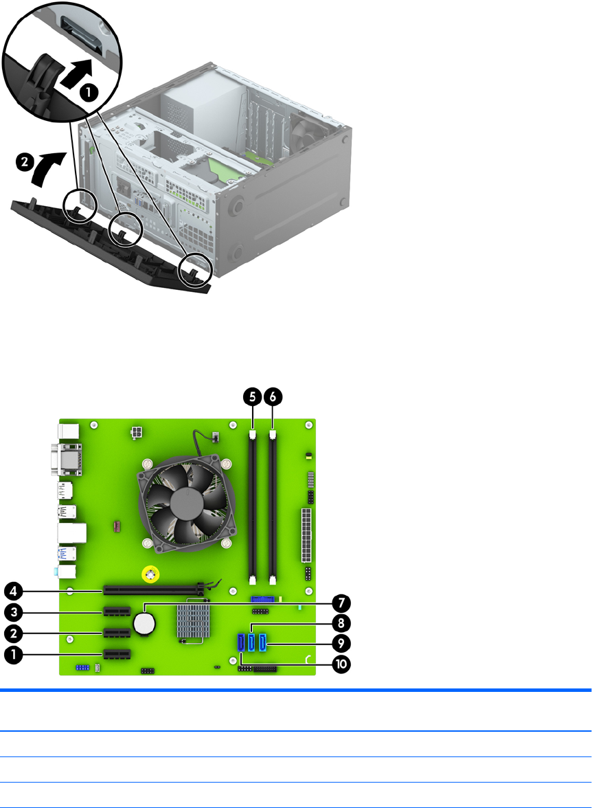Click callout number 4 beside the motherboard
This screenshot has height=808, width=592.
tap(14, 591)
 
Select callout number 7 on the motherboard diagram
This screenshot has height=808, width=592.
tap(341, 603)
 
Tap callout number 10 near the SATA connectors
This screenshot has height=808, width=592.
tap(341, 664)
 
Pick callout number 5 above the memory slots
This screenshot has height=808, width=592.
tap(253, 397)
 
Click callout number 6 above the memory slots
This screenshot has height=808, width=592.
tap(273, 397)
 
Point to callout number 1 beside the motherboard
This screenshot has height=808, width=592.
tap(14, 655)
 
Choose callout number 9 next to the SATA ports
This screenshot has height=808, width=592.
tap(341, 643)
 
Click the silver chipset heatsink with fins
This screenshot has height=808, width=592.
tap(194, 622)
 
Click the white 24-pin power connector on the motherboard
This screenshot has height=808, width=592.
tap(306, 535)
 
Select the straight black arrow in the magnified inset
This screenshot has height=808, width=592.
tap(77, 74)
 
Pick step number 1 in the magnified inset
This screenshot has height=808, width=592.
tap(89, 93)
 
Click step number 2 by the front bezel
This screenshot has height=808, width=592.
tap(24, 163)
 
